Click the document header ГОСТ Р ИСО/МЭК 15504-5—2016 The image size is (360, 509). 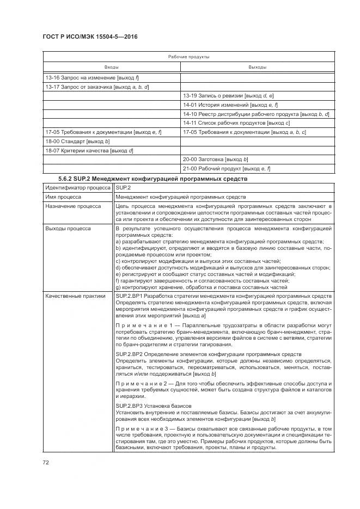tap(90, 36)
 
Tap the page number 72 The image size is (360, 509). tap(46, 462)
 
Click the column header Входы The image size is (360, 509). tap(112, 67)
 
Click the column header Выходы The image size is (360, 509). tap(257, 67)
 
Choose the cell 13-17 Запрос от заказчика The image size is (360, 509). tap(97, 87)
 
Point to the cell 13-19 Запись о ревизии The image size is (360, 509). tap(228, 96)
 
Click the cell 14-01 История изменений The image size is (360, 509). tap(230, 105)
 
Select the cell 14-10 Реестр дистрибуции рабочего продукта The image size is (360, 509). tap(256, 114)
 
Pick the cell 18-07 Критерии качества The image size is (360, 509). tap(89, 150)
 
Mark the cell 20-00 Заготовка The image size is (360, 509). tap(216, 159)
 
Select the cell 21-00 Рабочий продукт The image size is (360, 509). tap(227, 168)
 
